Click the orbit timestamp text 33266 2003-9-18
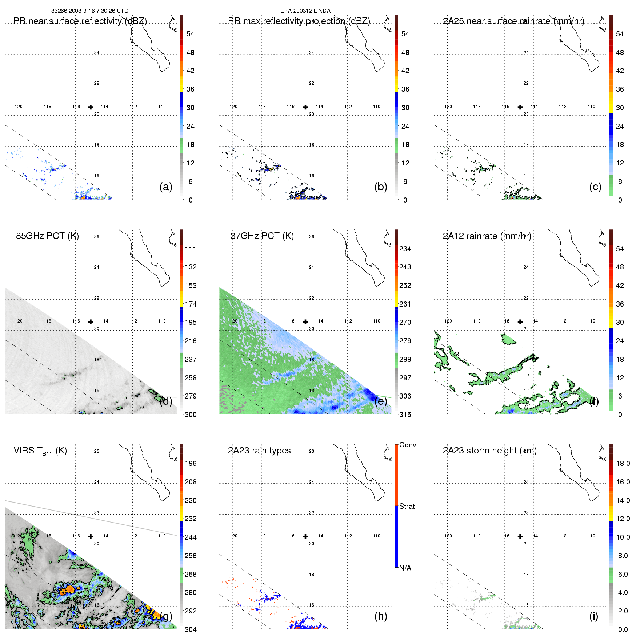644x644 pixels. point(89,11)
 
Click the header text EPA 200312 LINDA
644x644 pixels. point(305,11)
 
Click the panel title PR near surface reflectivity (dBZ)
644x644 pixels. point(80,21)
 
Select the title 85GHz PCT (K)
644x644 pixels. point(47,236)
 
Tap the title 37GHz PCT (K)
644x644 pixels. point(262,236)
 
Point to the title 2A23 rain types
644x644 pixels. point(259,451)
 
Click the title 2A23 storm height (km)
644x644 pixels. point(489,451)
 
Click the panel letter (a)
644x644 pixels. point(166,187)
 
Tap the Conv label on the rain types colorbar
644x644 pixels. point(408,445)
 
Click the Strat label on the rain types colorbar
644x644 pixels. point(407,506)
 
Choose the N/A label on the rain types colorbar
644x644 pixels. point(405,568)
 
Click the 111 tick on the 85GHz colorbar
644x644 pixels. point(191,249)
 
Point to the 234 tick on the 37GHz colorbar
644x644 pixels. point(405,249)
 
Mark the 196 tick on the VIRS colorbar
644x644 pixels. point(191,463)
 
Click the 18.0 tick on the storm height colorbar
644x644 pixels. point(623,463)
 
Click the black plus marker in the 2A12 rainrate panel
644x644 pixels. point(520,322)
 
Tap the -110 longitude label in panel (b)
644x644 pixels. point(376,107)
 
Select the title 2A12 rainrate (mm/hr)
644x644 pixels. point(487,236)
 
